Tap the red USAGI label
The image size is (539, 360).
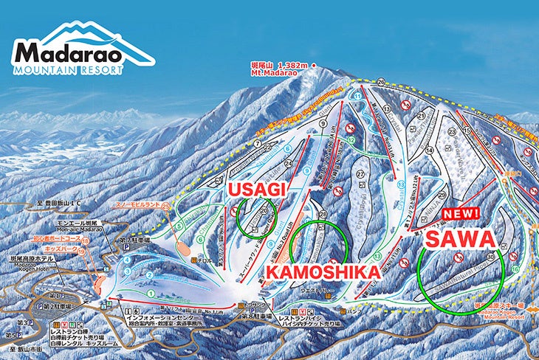coord(255,190)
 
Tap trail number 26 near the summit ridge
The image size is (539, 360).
coord(381,81)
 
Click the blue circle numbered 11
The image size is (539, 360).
coord(358,96)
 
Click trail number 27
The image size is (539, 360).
coord(360,174)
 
